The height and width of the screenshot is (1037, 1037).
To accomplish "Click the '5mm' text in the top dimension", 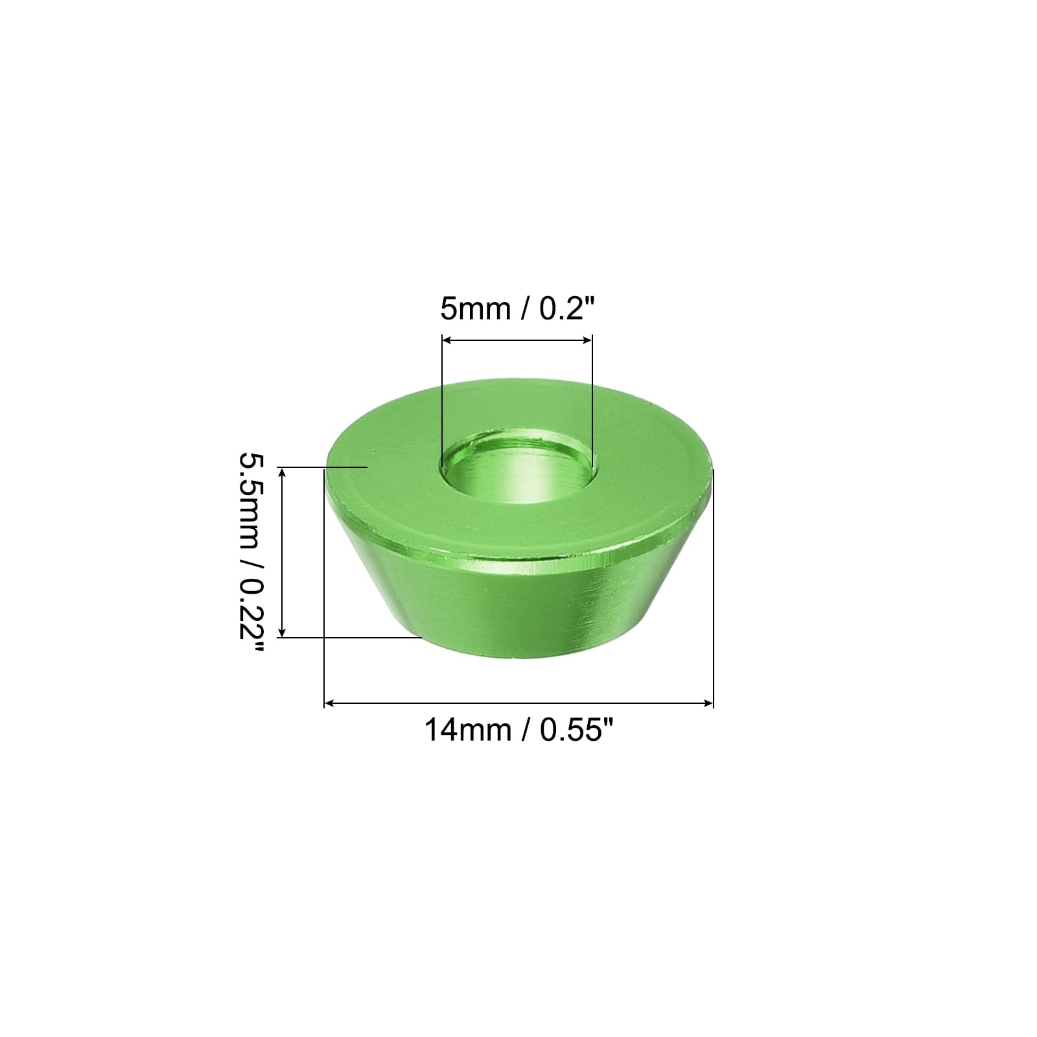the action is click(x=474, y=309).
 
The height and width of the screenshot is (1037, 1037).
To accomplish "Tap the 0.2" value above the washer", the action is click(x=565, y=308).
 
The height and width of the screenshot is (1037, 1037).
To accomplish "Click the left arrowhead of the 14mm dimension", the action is click(x=330, y=703).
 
